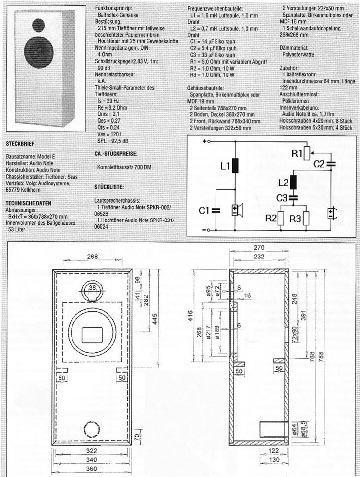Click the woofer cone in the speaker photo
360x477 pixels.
pyautogui.click(x=39, y=53)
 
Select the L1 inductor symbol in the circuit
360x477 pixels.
pyautogui.click(x=235, y=165)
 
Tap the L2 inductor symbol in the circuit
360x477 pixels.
pyautogui.click(x=294, y=182)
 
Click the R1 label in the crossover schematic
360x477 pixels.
pyautogui.click(x=296, y=154)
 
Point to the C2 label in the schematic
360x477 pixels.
pyautogui.click(x=319, y=164)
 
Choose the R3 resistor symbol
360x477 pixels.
pyautogui.click(x=306, y=218)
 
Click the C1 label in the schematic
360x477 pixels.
pyautogui.click(x=204, y=210)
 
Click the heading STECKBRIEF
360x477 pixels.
pyautogui.click(x=20, y=143)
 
